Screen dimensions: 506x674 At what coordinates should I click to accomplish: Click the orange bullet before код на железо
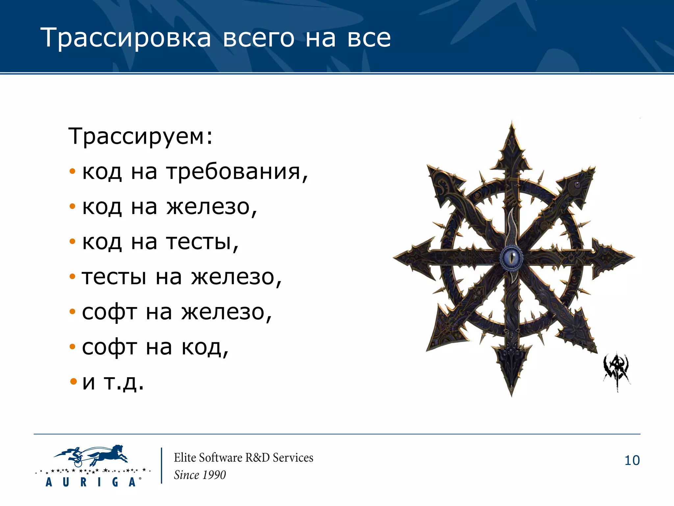pos(72,207)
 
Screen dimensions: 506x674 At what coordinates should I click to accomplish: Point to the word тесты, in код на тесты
pos(202,242)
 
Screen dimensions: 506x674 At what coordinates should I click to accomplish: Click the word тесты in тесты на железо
pos(114,277)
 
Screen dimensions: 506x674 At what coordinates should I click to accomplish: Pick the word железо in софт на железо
pos(226,312)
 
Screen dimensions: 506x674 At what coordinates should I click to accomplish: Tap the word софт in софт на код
pos(109,347)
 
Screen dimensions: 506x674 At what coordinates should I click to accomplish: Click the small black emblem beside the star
pos(616,371)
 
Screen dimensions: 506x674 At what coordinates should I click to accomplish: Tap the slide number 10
pos(632,461)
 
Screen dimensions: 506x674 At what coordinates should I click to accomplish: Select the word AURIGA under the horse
pos(91,482)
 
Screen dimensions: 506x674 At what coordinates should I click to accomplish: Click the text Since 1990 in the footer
pos(200,475)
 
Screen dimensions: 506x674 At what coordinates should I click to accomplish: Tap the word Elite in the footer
pos(185,458)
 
